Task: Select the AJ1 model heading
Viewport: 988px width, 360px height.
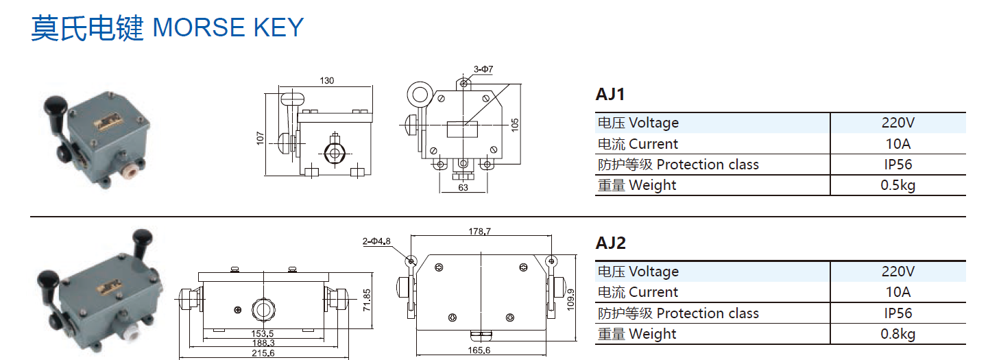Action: (610, 94)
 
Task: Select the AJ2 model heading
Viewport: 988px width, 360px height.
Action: (611, 243)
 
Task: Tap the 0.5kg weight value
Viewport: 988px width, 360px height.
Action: (898, 185)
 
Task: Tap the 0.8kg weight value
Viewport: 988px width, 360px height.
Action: (898, 334)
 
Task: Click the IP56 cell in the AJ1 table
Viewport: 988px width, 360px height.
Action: (898, 165)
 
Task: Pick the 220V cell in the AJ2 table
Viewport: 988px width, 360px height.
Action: (898, 272)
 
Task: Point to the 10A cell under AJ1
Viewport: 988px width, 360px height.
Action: (898, 144)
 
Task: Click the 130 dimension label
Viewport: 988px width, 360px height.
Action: (327, 81)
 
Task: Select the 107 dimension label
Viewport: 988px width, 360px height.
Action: (261, 138)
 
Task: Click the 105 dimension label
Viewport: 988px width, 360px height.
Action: (515, 124)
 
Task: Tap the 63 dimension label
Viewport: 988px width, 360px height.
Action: (463, 187)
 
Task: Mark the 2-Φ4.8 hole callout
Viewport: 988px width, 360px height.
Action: (376, 241)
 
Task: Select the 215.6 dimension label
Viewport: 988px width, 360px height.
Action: (263, 353)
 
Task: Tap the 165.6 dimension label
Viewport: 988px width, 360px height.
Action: (479, 350)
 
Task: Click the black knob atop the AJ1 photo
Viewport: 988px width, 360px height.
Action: (55, 107)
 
